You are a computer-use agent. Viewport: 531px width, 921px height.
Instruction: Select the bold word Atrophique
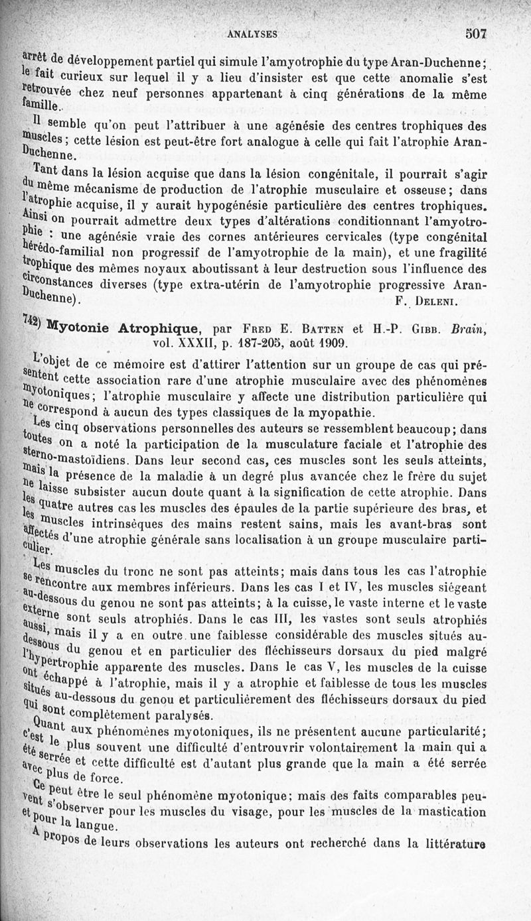(160, 328)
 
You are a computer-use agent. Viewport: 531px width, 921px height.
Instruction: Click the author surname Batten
(323, 328)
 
